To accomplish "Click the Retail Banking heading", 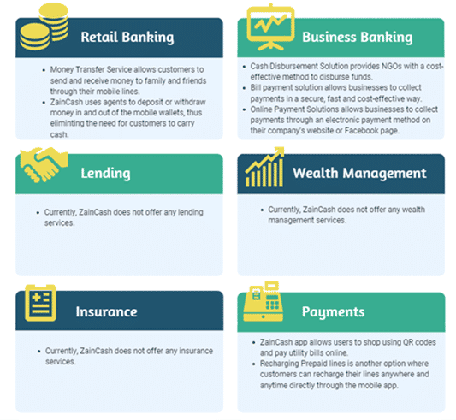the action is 127,38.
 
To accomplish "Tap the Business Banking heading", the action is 357,38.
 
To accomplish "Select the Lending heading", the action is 105,174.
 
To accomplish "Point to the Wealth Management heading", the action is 359,174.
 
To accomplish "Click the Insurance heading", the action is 106,312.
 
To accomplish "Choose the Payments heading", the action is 333,312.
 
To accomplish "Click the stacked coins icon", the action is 44,27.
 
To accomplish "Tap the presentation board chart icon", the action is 270,27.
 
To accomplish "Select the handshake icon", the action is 44,164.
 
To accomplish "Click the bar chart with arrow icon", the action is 264,167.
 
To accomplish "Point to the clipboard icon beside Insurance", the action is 40,303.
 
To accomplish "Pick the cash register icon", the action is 264,302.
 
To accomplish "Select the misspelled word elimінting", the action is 68,124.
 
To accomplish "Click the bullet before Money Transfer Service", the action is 44,70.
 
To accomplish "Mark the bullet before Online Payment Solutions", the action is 244,110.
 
